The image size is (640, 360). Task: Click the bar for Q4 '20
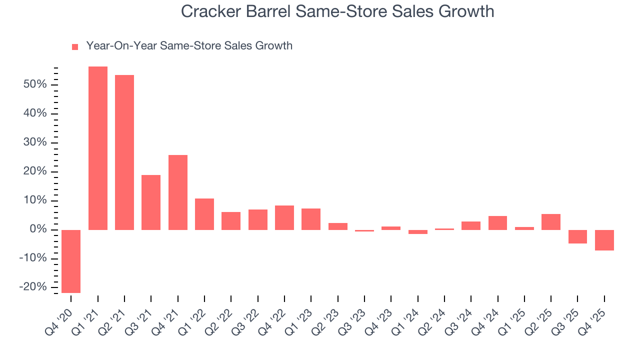pos(71,261)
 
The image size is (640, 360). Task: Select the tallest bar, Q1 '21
pos(98,148)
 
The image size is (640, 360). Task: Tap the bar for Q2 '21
pos(124,152)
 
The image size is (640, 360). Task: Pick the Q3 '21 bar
pos(151,202)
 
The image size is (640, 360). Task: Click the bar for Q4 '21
pos(178,192)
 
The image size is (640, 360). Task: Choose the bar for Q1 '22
pos(204,214)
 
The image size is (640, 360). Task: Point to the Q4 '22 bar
pos(284,217)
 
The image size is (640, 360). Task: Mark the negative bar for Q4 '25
pos(604,240)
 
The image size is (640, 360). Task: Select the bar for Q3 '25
pos(577,236)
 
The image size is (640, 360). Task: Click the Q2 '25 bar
pos(551,222)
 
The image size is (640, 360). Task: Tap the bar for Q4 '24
pos(497,223)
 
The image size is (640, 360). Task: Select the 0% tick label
pos(40,229)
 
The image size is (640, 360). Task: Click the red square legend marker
pos(75,46)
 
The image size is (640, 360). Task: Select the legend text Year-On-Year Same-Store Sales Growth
pos(189,46)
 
